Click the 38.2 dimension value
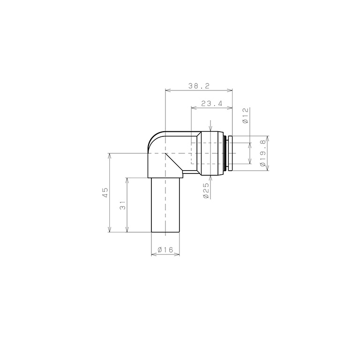(x=198, y=86)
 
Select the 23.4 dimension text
(x=211, y=104)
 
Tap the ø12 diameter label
(x=245, y=115)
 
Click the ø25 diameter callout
(x=206, y=191)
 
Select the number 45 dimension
(x=105, y=192)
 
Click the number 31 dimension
(x=123, y=205)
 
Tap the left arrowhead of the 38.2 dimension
(x=168, y=90)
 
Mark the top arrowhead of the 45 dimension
(x=110, y=156)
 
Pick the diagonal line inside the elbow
(x=173, y=162)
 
